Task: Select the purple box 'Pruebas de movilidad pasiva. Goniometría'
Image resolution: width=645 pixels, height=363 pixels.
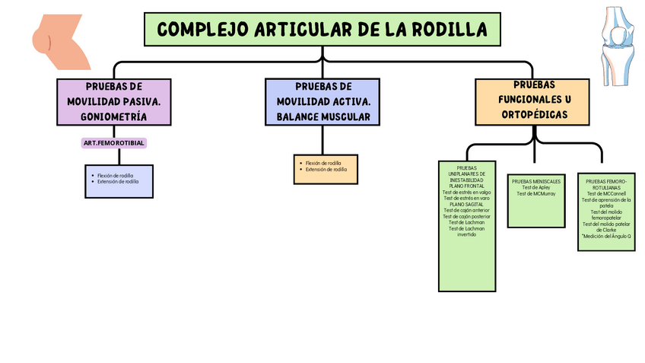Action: pos(113,101)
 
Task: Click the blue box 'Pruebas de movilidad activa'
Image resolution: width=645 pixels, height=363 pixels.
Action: pos(322,101)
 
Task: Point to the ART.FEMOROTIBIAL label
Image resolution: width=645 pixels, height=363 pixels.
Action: pos(113,143)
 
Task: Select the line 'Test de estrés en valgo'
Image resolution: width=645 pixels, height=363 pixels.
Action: pos(466,193)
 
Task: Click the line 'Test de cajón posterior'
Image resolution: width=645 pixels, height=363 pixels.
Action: pos(466,216)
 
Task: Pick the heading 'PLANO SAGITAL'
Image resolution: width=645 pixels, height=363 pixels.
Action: pos(466,204)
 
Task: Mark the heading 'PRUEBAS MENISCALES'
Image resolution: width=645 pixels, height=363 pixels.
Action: pos(535,181)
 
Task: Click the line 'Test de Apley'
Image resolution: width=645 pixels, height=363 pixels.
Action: pos(535,187)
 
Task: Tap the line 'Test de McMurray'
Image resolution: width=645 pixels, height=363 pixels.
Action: pos(535,193)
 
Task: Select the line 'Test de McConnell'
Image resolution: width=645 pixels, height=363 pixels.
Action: pos(606,193)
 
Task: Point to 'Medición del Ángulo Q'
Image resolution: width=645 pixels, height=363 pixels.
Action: pos(607,236)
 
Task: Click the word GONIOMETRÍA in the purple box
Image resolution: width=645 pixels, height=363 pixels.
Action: pos(113,116)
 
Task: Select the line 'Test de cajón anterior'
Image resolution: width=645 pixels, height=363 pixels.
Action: pos(466,210)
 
